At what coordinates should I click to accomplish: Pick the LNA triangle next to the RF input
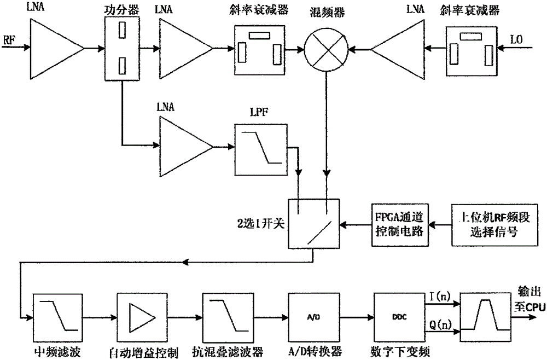click(55, 48)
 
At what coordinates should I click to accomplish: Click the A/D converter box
click(310, 312)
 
